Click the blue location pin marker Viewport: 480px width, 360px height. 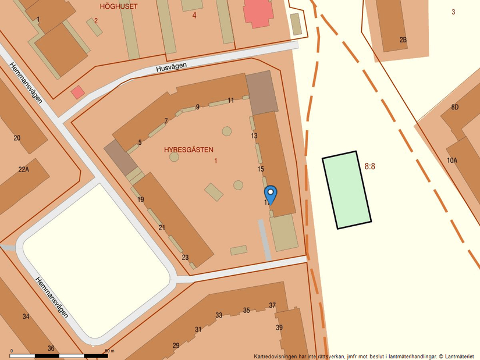click(271, 194)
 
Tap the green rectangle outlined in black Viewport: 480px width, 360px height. click(347, 190)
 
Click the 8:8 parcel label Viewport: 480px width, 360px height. click(370, 166)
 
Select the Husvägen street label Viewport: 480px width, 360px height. click(172, 67)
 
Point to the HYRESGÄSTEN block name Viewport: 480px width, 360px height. click(189, 149)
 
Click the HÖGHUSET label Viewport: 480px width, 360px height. click(119, 6)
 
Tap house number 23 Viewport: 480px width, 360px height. click(185, 258)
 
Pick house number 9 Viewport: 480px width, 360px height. click(198, 107)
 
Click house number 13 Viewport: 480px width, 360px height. click(254, 136)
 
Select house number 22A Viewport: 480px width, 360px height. click(23, 169)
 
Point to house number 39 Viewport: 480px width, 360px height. click(279, 328)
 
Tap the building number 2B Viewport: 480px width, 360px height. click(403, 40)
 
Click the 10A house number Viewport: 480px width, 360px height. click(452, 161)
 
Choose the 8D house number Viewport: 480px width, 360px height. click(454, 107)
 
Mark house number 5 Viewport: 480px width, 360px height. click(140, 142)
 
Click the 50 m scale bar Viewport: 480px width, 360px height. click(59, 355)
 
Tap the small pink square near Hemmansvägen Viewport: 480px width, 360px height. click(77, 92)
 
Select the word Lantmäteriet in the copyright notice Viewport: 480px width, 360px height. click(458, 356)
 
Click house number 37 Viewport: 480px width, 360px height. click(272, 305)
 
